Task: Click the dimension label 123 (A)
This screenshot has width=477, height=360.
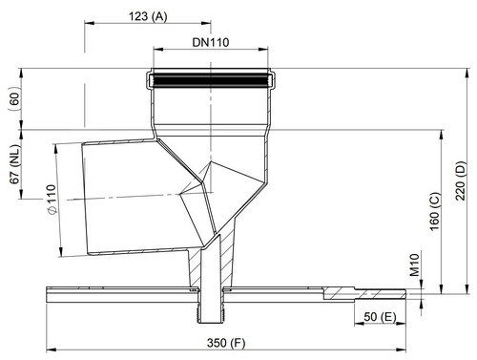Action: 148,16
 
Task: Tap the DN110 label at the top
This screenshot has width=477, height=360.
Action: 211,42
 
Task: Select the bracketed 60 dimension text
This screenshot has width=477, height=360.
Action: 14,99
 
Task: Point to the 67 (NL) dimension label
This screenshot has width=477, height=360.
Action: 14,164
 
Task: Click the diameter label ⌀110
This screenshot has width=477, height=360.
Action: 52,200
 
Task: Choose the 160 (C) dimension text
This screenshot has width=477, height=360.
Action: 435,211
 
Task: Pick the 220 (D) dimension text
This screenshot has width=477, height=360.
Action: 461,180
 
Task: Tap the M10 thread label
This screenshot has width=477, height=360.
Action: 414,265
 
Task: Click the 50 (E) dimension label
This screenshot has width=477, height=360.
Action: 381,317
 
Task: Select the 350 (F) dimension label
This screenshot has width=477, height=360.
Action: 226,343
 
